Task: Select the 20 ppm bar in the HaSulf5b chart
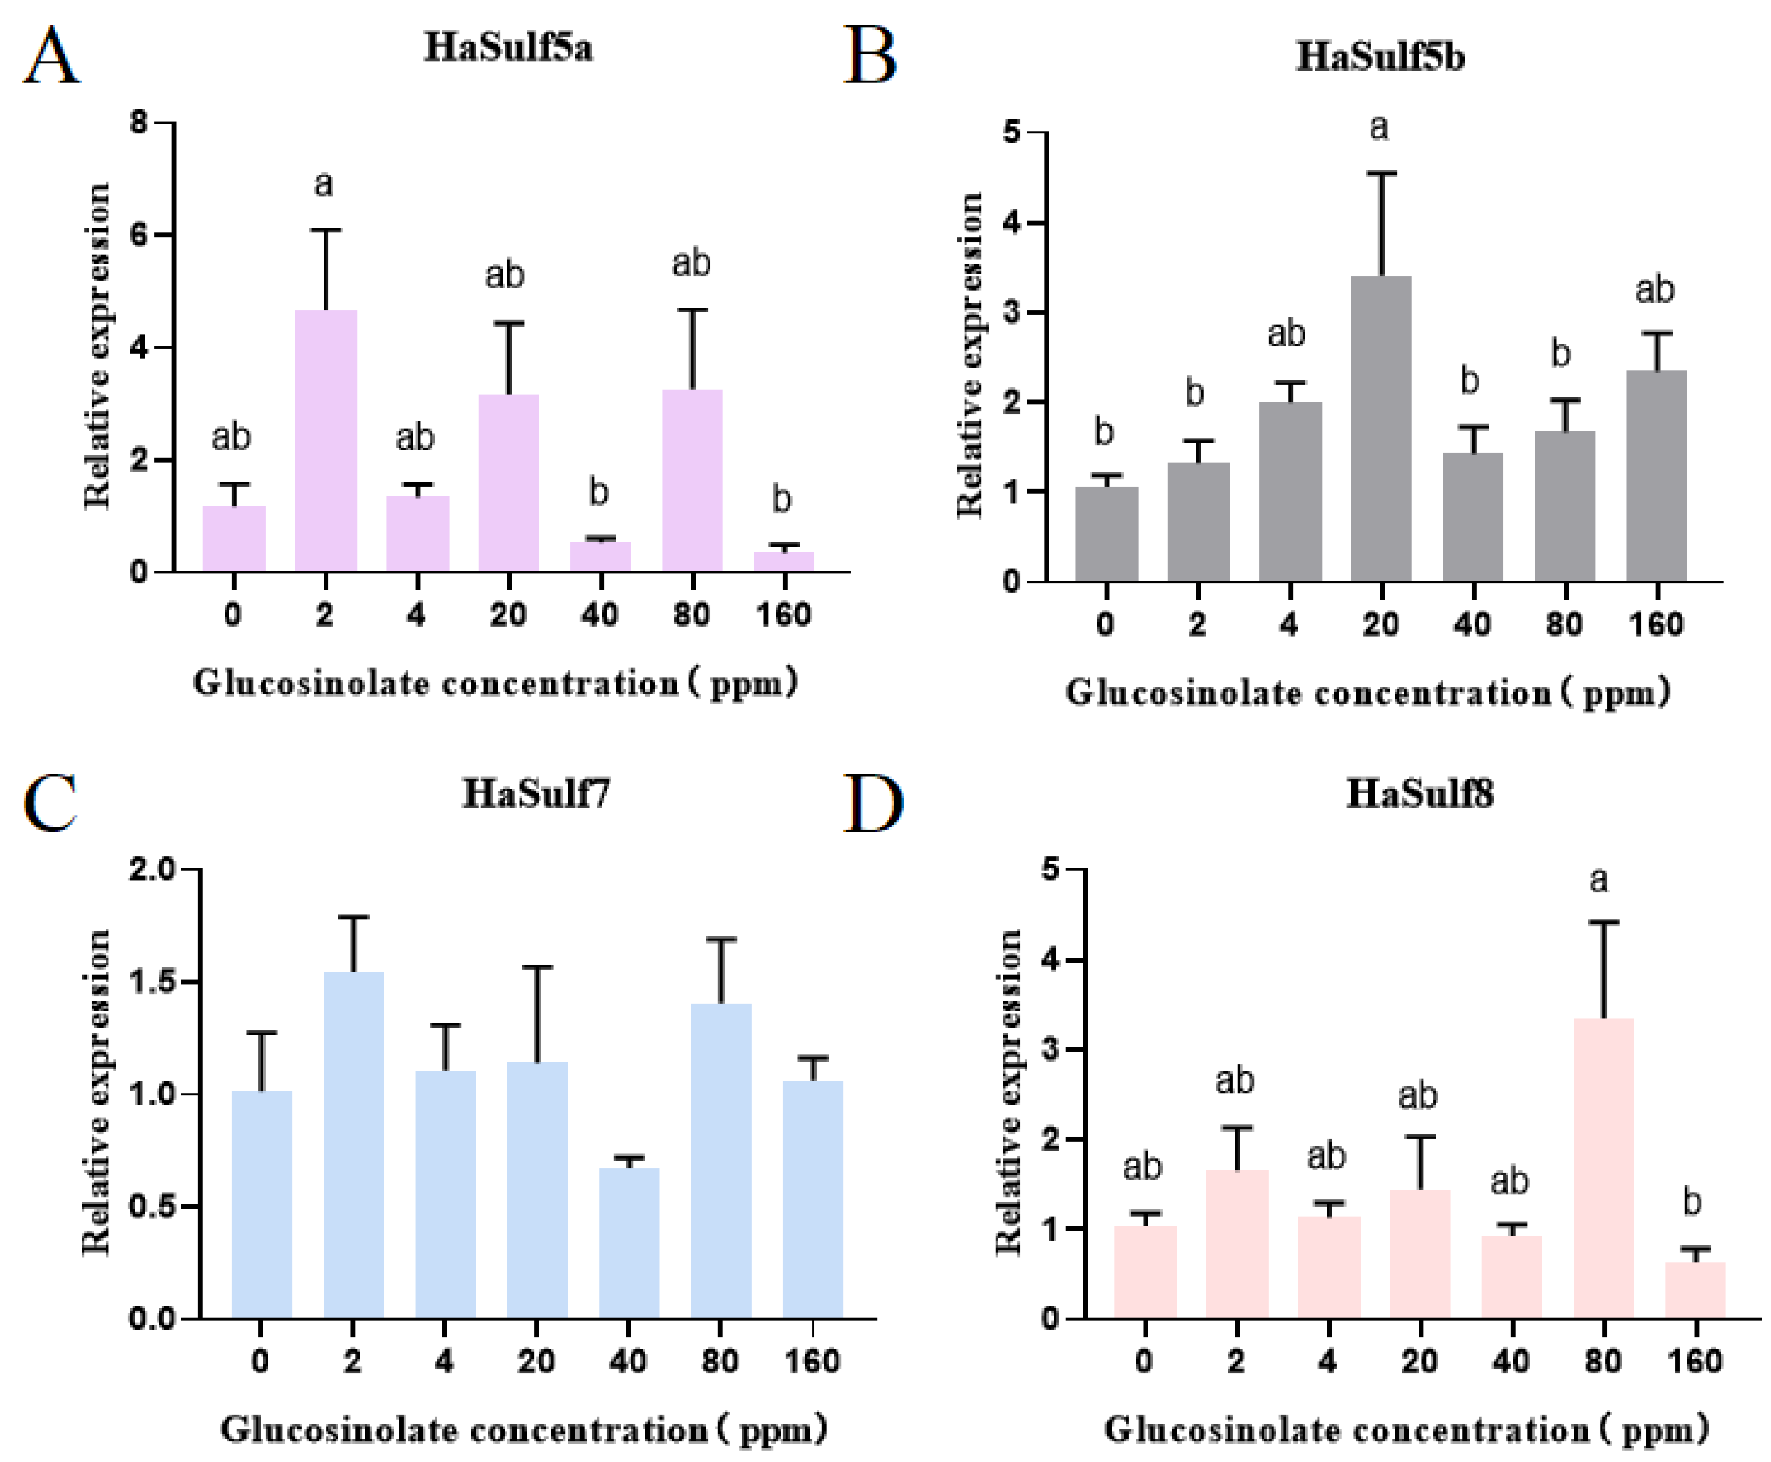pyautogui.click(x=1381, y=429)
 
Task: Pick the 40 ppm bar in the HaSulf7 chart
pyautogui.click(x=629, y=1243)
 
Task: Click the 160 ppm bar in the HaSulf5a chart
pyautogui.click(x=784, y=562)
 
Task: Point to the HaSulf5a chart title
pyautogui.click(x=508, y=46)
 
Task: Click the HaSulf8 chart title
pyautogui.click(x=1420, y=793)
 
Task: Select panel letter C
pyautogui.click(x=50, y=803)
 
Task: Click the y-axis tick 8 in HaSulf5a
pyautogui.click(x=139, y=123)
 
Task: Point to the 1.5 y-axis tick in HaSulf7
pyautogui.click(x=151, y=982)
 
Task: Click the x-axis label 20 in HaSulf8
pyautogui.click(x=1419, y=1361)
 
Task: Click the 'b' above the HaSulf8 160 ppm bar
pyautogui.click(x=1693, y=1201)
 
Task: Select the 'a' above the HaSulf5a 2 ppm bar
pyautogui.click(x=324, y=183)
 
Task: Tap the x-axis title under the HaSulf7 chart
pyautogui.click(x=524, y=1429)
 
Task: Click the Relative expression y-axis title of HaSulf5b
pyautogui.click(x=970, y=354)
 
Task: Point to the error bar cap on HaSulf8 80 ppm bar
pyautogui.click(x=1604, y=922)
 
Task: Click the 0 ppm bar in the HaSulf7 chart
pyautogui.click(x=262, y=1204)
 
